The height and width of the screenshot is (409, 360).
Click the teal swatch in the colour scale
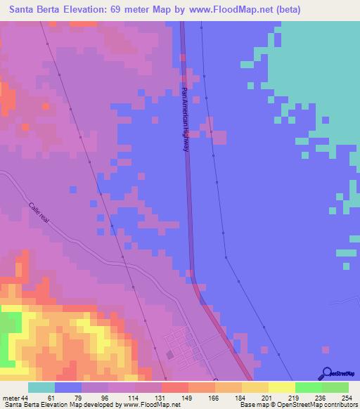41,387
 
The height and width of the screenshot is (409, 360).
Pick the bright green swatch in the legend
309,387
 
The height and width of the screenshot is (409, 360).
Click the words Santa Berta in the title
36,9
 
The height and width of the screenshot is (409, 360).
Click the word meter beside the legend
11,398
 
